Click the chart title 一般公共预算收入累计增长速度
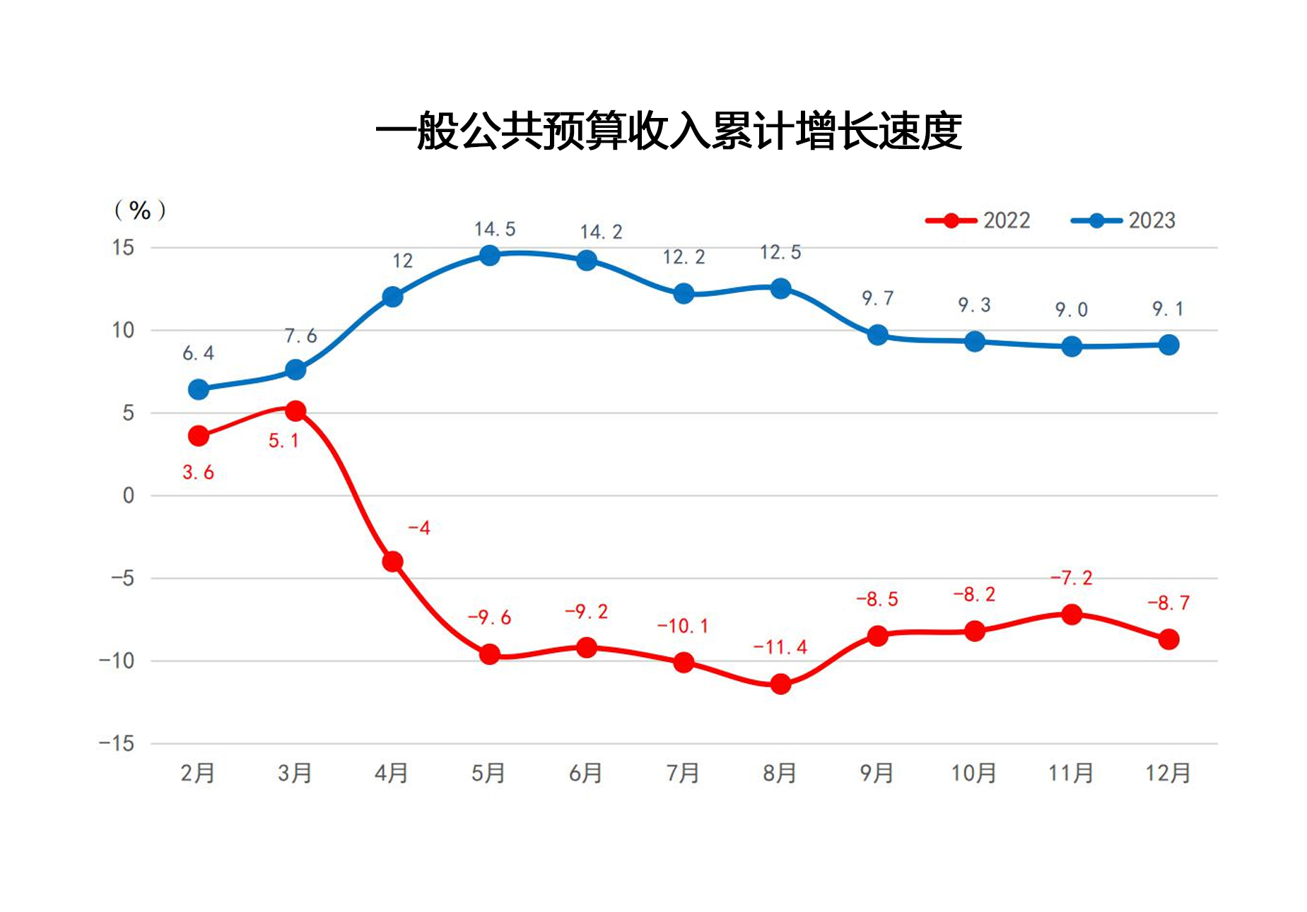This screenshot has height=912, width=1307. click(x=668, y=131)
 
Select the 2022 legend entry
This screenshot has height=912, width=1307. click(x=978, y=220)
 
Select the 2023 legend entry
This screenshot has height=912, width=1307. click(x=1124, y=220)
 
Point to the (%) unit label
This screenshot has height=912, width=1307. click(x=140, y=210)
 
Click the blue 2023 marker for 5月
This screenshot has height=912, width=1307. click(x=489, y=255)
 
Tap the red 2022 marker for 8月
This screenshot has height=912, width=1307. click(x=780, y=684)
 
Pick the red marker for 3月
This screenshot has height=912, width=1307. click(x=295, y=410)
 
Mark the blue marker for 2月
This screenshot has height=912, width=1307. click(x=199, y=389)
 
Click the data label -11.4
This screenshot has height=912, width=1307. click(x=780, y=647)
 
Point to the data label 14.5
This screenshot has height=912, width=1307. click(x=495, y=229)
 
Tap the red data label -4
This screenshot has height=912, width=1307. click(x=419, y=528)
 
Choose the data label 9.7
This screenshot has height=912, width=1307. click(x=877, y=298)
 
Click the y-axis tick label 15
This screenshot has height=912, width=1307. click(x=123, y=247)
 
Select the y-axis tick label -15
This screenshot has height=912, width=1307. click(x=117, y=743)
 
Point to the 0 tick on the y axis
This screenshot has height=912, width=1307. click(x=128, y=495)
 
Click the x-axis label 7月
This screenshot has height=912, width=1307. click(x=683, y=773)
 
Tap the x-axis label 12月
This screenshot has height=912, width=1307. click(x=1168, y=773)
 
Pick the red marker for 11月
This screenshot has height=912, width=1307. click(x=1072, y=614)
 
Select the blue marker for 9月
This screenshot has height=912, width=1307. click(x=877, y=335)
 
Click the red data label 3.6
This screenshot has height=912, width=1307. click(x=198, y=472)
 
